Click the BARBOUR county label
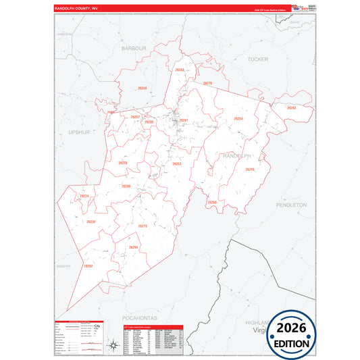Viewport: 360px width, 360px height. [134, 49]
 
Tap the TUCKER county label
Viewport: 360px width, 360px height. [258, 59]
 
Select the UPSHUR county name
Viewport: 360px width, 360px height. [79, 132]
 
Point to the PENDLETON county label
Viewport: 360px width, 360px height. [291, 204]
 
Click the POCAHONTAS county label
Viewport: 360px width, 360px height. [140, 316]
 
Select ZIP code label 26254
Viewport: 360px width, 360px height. [238, 119]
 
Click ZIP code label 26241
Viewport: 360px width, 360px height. [183, 120]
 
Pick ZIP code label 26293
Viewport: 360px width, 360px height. [291, 108]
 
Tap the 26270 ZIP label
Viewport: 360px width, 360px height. [249, 170]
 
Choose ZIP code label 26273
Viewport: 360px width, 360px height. [143, 226]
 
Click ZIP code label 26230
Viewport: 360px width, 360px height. [91, 222]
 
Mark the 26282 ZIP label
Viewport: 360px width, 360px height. [88, 266]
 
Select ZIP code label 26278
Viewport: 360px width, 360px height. [122, 163]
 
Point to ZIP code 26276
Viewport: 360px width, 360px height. [208, 83]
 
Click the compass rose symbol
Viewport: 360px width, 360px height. [113, 346]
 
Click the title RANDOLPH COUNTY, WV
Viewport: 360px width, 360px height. [80, 8]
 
